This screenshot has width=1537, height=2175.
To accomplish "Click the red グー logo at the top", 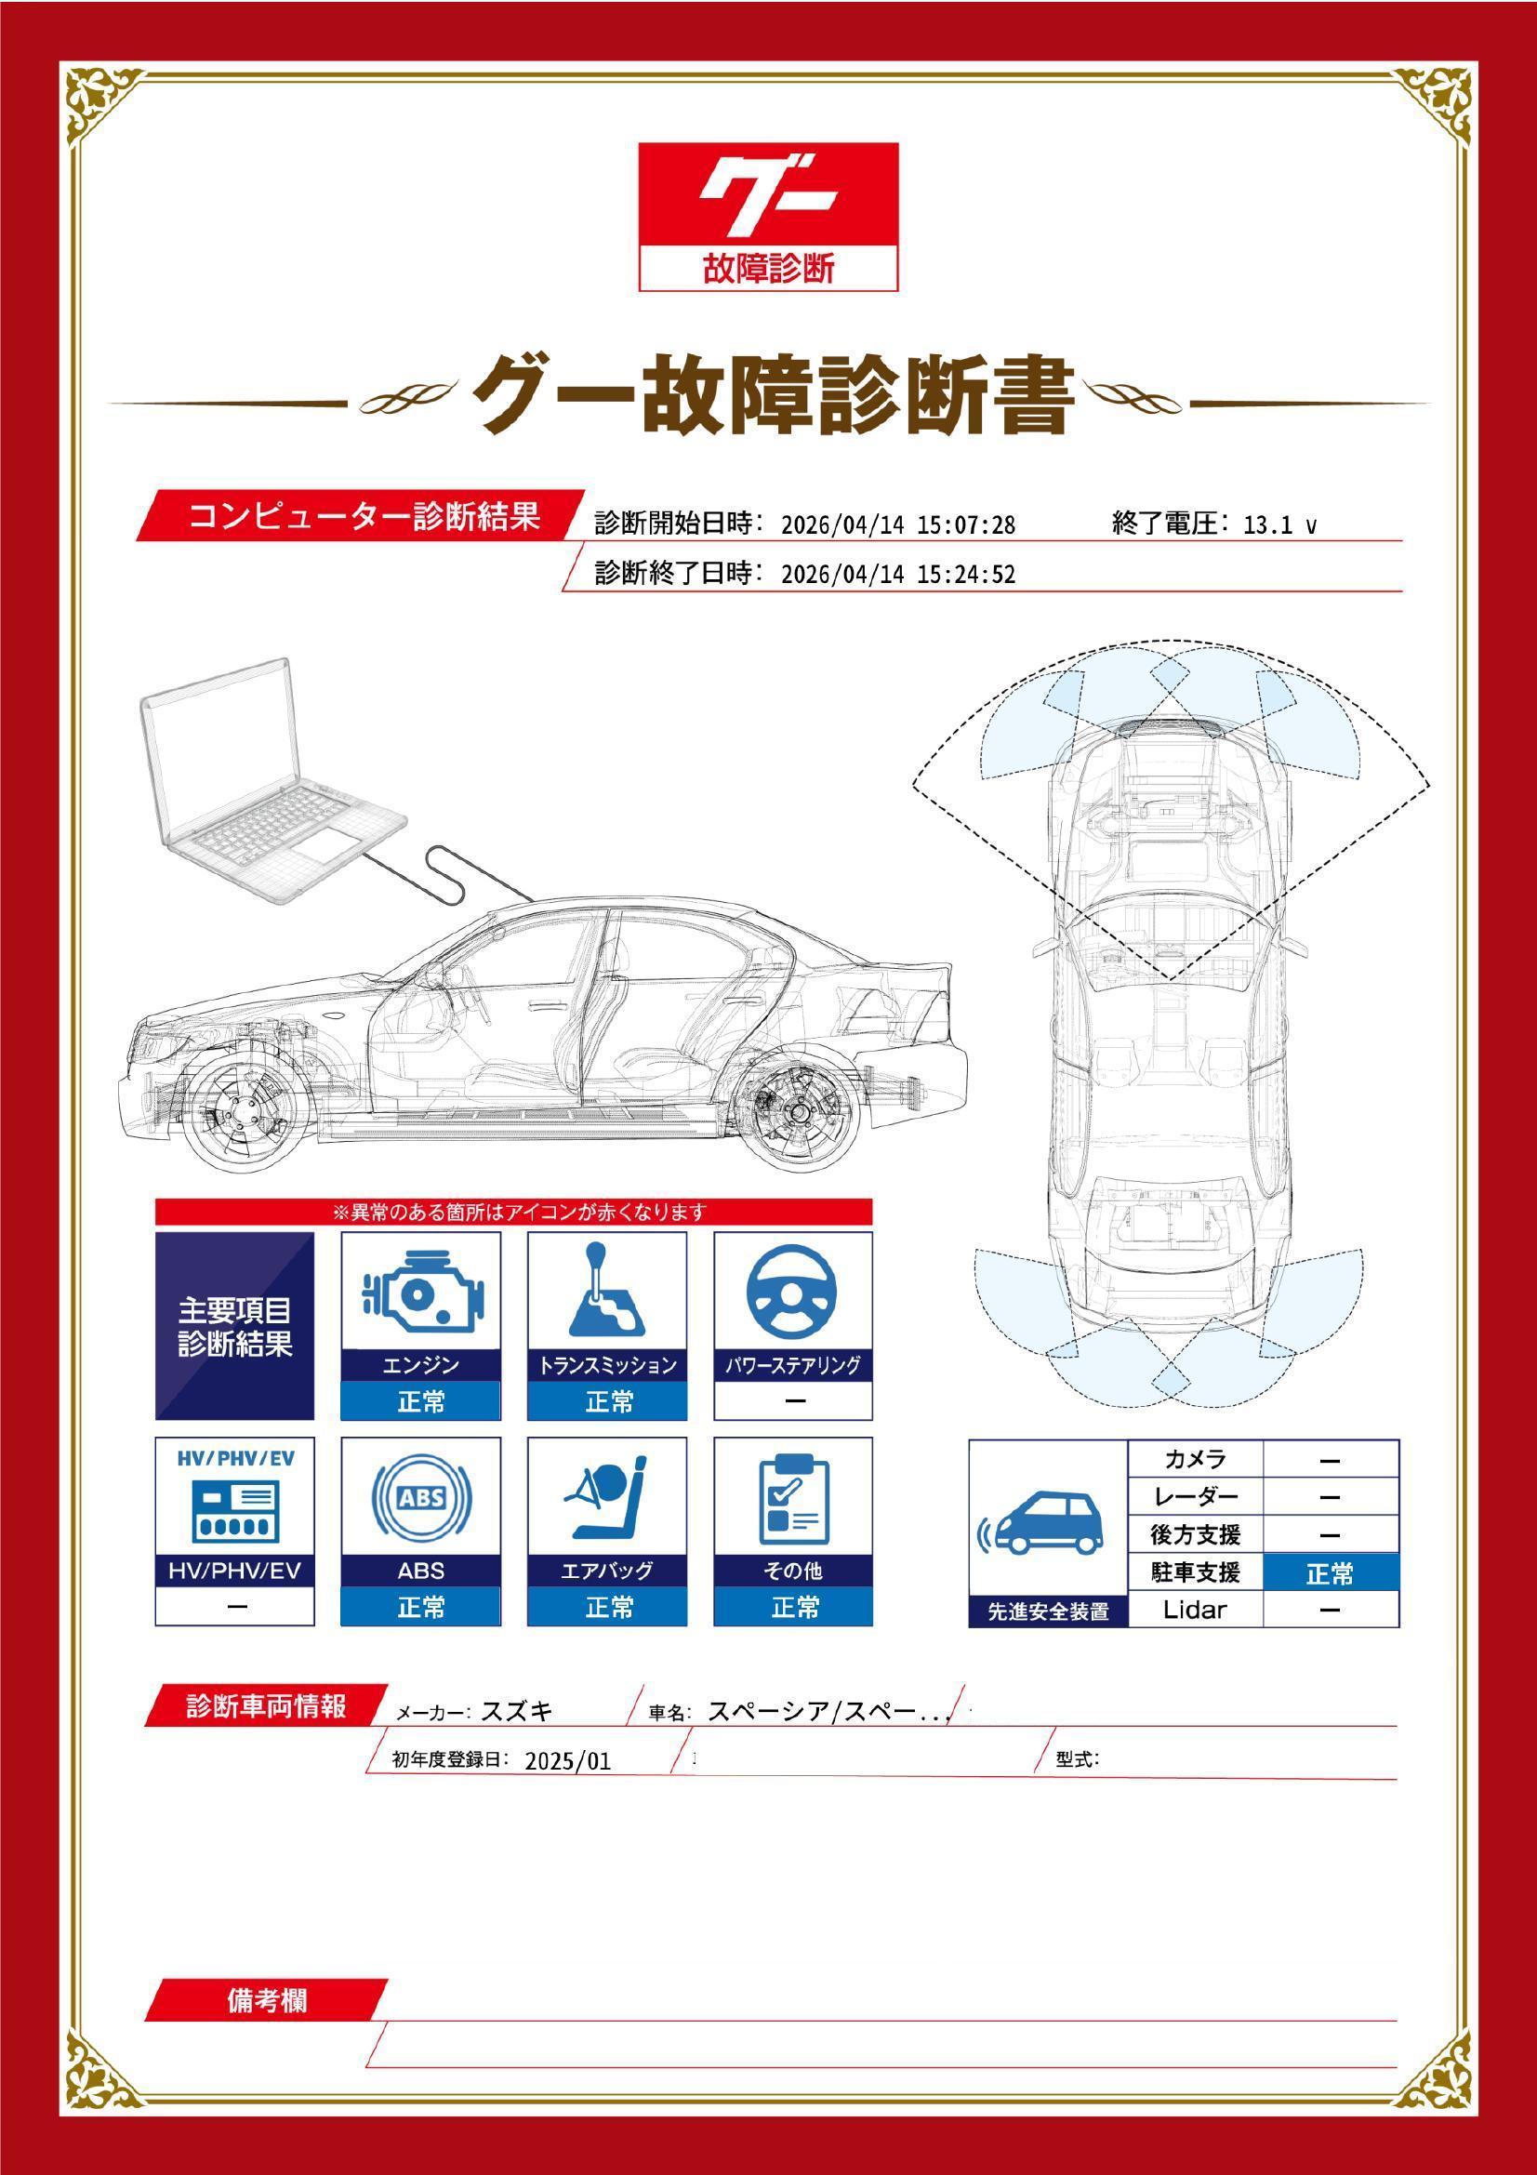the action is pyautogui.click(x=768, y=217).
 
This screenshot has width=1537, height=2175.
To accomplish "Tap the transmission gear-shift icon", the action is pyautogui.click(x=606, y=1288).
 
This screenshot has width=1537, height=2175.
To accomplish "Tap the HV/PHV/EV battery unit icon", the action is pyautogui.click(x=235, y=1511).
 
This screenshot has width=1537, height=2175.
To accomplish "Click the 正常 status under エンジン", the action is pyautogui.click(x=420, y=1401).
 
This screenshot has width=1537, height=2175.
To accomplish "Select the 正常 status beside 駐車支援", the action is pyautogui.click(x=1330, y=1572).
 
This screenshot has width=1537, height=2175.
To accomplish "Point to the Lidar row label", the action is pyautogui.click(x=1194, y=1610).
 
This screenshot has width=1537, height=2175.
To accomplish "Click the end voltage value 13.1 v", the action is pyautogui.click(x=1279, y=524).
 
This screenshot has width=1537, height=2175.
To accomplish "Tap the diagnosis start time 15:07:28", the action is pyautogui.click(x=966, y=524).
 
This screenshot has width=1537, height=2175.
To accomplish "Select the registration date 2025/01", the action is pyautogui.click(x=567, y=1761).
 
